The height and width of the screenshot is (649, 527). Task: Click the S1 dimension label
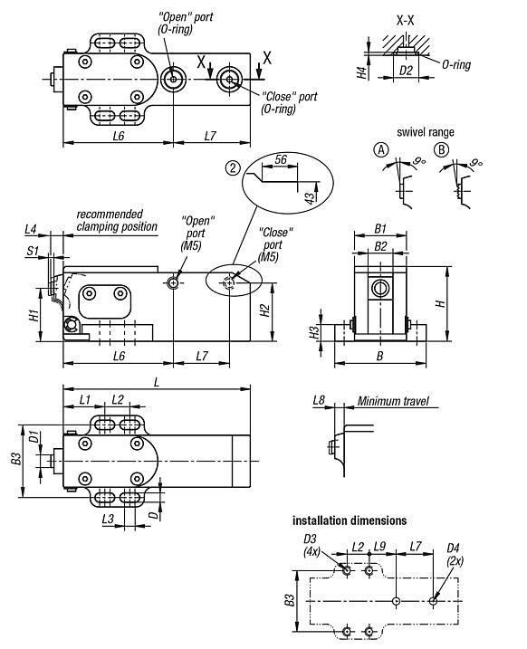click(x=31, y=253)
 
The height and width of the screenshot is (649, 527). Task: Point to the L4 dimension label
click(x=31, y=231)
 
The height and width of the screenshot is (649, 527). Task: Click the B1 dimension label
click(x=381, y=230)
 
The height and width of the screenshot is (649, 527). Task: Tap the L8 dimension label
click(x=319, y=399)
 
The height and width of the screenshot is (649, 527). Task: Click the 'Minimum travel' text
click(x=392, y=401)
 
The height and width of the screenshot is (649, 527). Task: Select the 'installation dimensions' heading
click(x=349, y=520)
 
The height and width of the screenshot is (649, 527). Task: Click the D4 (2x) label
click(x=454, y=554)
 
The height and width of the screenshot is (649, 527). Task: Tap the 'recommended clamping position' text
click(x=117, y=220)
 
